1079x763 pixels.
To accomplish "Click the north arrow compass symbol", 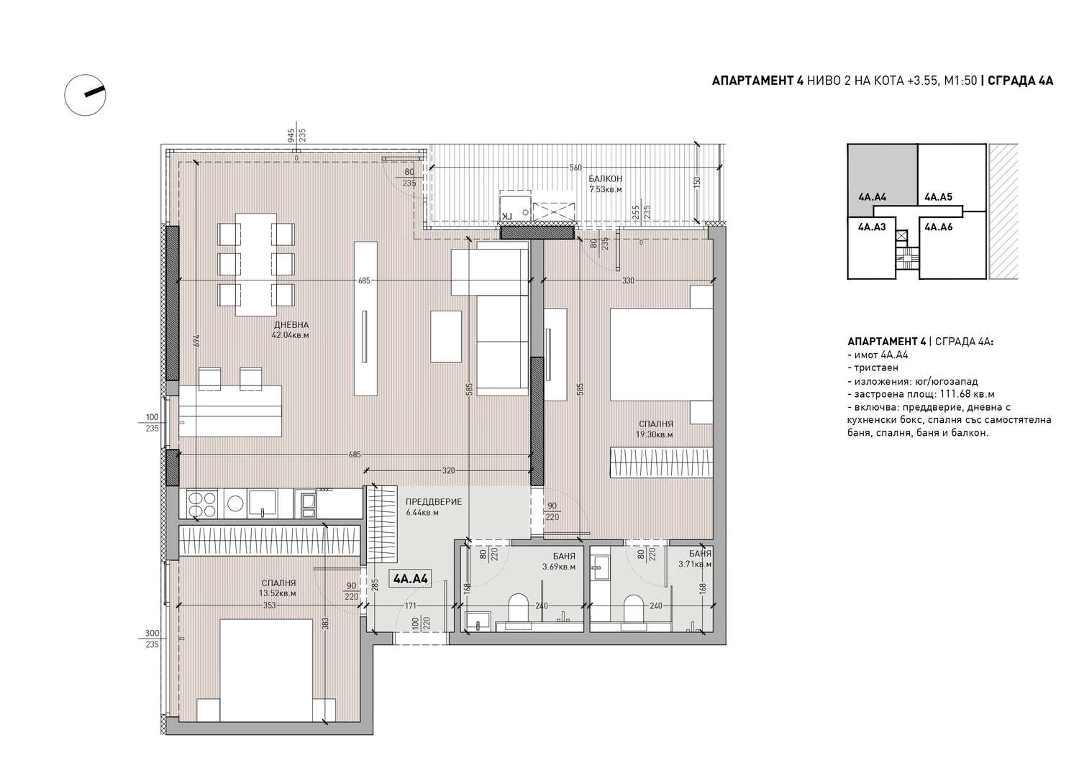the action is coord(86,95).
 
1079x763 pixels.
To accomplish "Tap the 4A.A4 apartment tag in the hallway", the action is coord(411,578).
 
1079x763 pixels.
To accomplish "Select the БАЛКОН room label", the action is coord(605,179).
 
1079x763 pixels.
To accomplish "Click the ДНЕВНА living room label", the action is coord(291,324).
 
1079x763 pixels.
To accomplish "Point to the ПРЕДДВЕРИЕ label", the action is coord(434,502).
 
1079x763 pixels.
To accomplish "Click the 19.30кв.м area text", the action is coord(654,434).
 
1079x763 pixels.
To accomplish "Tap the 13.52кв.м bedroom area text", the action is coord(278,594).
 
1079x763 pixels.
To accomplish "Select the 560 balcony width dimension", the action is coord(575,168).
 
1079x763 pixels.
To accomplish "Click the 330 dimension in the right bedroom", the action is coord(628,280).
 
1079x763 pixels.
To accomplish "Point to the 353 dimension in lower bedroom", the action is coord(269,605).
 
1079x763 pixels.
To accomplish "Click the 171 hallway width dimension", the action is coord(410,606).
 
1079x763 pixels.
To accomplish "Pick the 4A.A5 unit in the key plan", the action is coord(938,197).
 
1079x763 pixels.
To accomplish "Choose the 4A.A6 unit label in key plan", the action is coord(938,227).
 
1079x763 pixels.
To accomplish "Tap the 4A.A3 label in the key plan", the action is coord(872,227).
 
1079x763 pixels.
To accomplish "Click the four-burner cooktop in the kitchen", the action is coord(203,504).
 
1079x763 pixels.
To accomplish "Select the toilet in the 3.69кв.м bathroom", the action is coord(519,607).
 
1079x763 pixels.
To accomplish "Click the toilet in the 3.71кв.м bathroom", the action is coord(634,608).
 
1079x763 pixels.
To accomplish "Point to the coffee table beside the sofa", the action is coord(446,337).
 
